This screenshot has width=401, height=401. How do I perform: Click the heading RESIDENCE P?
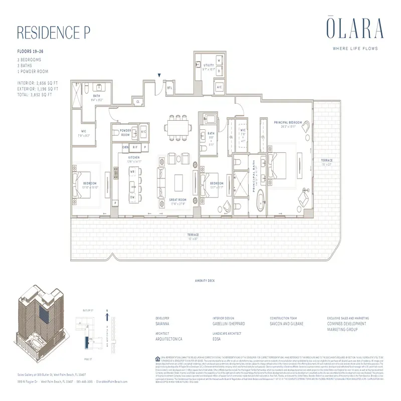click(54, 32)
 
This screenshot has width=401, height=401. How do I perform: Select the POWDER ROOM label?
click(125, 132)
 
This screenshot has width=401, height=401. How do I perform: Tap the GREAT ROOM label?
click(178, 202)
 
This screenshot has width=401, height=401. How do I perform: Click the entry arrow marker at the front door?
click(159, 76)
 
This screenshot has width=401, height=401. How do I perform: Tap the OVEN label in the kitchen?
click(125, 147)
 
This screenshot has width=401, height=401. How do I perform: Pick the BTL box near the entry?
click(170, 88)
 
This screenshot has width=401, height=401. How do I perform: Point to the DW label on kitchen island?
click(132, 197)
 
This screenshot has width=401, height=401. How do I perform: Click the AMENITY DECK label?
click(204, 281)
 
